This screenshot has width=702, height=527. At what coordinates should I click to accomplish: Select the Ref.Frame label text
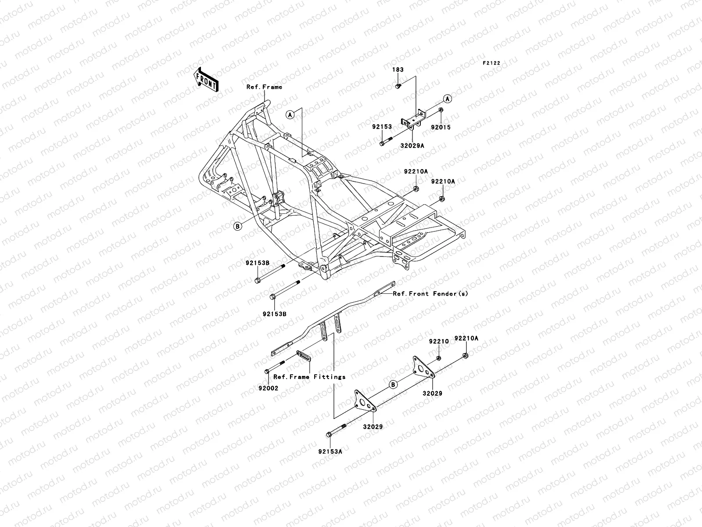point(264,87)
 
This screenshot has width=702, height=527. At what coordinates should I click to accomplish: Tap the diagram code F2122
point(491,63)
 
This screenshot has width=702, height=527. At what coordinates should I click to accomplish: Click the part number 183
point(398,70)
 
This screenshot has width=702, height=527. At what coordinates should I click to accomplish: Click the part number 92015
point(441,128)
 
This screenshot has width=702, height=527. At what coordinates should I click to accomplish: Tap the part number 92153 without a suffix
point(382,127)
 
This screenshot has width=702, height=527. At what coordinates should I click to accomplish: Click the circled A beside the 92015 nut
point(447,98)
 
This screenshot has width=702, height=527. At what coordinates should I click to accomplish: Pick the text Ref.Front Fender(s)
point(430,294)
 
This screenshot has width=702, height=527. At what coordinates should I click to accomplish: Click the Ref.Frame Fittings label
point(309,377)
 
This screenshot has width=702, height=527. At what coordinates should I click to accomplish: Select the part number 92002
point(268,388)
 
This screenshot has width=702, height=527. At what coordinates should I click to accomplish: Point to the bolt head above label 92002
point(267,372)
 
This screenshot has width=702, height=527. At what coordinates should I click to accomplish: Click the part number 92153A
point(330,451)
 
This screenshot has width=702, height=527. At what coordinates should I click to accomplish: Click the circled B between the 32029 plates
point(394,385)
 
